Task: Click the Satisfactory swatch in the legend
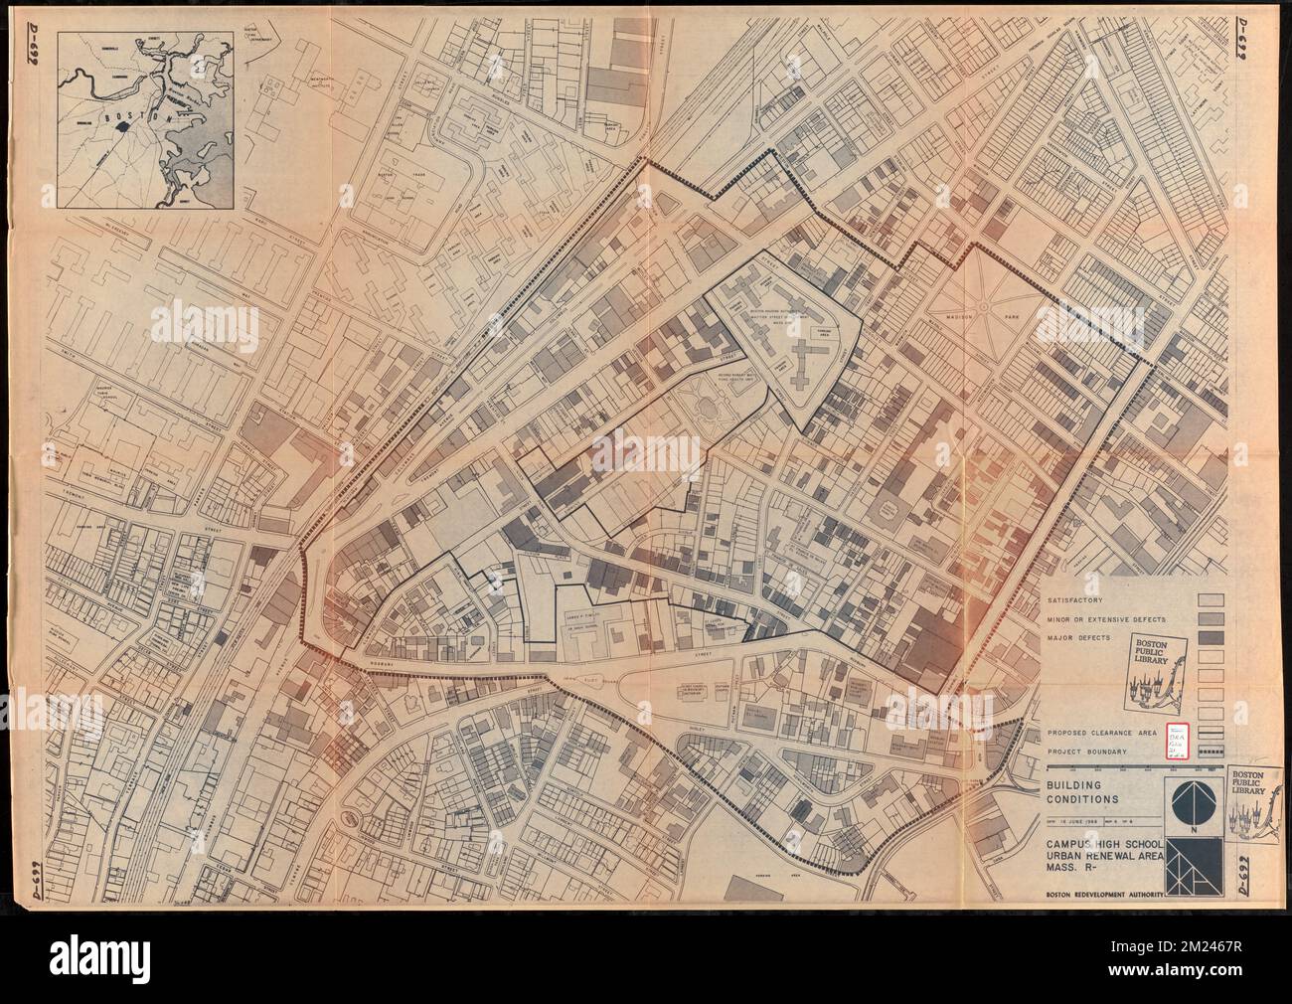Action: tap(1211, 600)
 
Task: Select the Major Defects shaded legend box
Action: tap(1211, 637)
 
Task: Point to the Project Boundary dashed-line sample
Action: tap(1211, 750)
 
